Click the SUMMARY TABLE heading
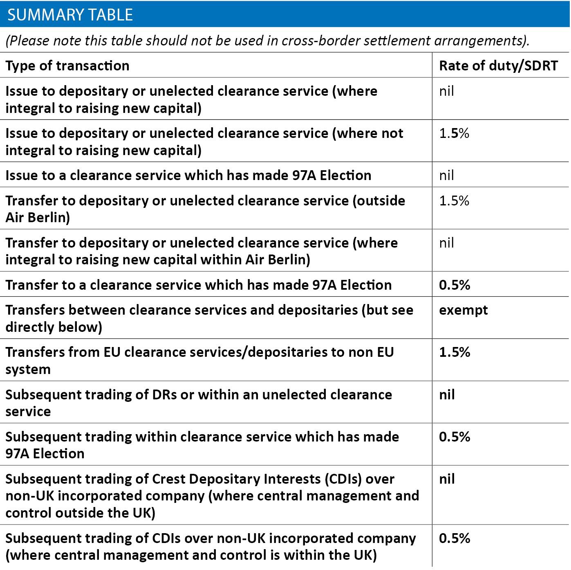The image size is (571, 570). tap(70, 15)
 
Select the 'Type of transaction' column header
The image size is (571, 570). tap(67, 65)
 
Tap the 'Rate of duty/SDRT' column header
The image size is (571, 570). tap(498, 65)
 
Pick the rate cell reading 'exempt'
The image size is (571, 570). tap(463, 310)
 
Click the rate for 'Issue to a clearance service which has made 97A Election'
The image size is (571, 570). tap(446, 175)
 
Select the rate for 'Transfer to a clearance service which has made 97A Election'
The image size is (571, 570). tap(454, 285)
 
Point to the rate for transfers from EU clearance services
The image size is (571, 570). tap(454, 352)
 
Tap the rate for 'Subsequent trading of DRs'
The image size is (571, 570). tap(446, 394)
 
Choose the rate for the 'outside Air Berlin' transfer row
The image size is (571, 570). tap(454, 201)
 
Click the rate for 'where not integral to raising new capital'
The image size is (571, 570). tap(454, 133)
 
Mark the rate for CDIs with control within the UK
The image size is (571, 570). tap(454, 538)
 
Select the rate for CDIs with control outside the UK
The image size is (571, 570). tap(446, 479)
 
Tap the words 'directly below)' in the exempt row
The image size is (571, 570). tap(54, 327)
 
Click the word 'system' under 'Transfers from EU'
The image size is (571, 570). tap(28, 369)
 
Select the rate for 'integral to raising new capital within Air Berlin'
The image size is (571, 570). tap(446, 243)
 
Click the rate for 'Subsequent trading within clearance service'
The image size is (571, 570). tap(454, 437)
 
